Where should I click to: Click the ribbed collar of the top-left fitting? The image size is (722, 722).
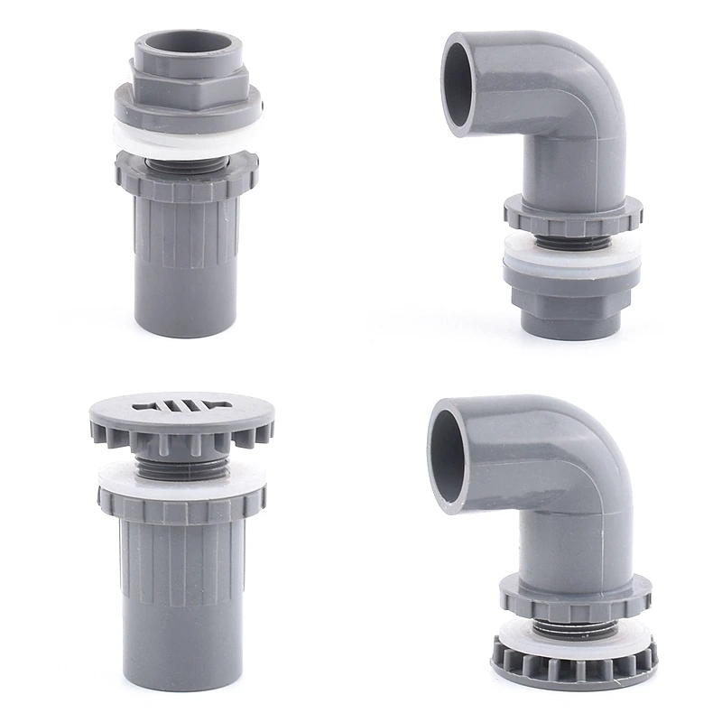point(187,176)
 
